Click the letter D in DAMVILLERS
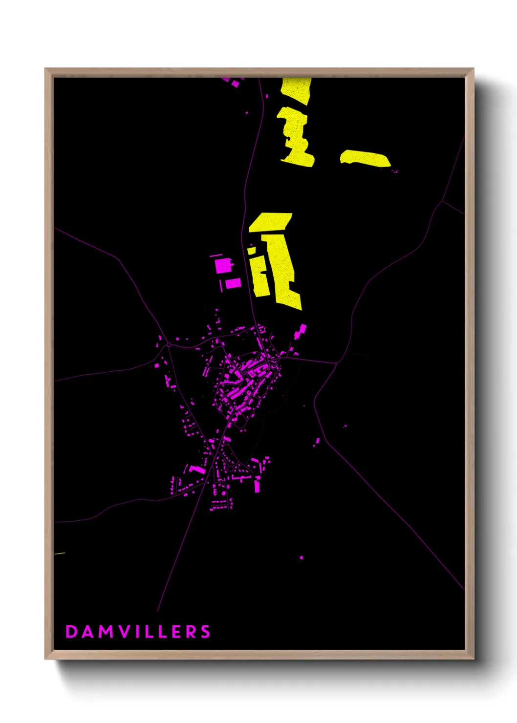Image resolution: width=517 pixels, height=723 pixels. click(x=71, y=632)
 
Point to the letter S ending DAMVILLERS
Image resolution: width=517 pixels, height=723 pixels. click(x=205, y=632)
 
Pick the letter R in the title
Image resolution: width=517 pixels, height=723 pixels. click(x=190, y=632)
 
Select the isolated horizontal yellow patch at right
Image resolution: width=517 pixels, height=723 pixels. click(x=366, y=159)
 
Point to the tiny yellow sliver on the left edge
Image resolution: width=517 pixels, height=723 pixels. click(x=59, y=553)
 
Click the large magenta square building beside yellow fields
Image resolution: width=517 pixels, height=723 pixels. click(x=222, y=266)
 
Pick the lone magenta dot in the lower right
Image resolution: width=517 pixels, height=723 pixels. click(x=302, y=557)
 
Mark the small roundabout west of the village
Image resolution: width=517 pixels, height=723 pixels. click(x=169, y=344)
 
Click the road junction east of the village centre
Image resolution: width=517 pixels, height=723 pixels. click(x=336, y=363)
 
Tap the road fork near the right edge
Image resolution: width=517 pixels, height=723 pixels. click(x=442, y=201)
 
